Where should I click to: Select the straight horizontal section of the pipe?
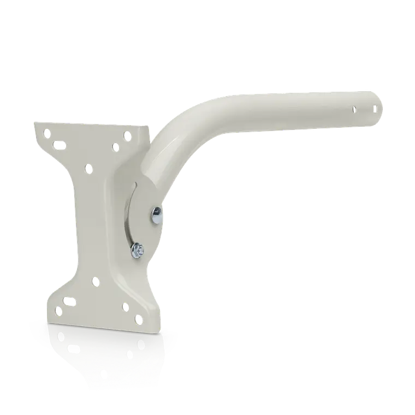306,109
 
